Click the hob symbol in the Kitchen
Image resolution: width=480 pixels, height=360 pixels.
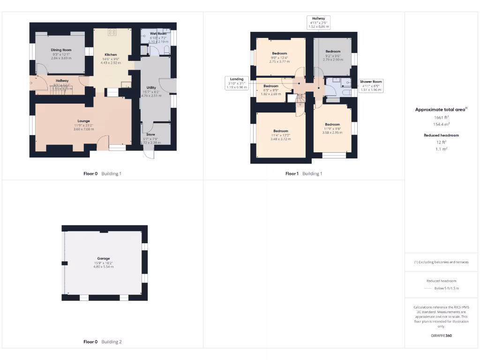click(x=112, y=32)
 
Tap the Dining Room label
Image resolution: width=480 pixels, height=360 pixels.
click(x=61, y=50)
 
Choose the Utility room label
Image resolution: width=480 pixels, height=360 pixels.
click(x=151, y=88)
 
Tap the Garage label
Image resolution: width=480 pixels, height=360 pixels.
click(x=104, y=258)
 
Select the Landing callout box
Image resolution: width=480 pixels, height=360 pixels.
click(x=236, y=83)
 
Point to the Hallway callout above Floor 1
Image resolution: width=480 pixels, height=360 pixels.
click(x=318, y=22)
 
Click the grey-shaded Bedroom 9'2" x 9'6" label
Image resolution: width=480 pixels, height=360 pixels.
click(x=333, y=51)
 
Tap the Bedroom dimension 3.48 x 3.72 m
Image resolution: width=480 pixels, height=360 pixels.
click(x=280, y=139)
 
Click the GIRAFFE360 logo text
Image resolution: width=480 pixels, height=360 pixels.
click(x=441, y=336)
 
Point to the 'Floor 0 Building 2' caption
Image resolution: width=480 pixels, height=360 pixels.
click(x=102, y=342)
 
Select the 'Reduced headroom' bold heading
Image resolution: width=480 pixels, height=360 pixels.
click(x=441, y=135)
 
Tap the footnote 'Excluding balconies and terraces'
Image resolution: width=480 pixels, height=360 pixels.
click(x=441, y=262)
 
